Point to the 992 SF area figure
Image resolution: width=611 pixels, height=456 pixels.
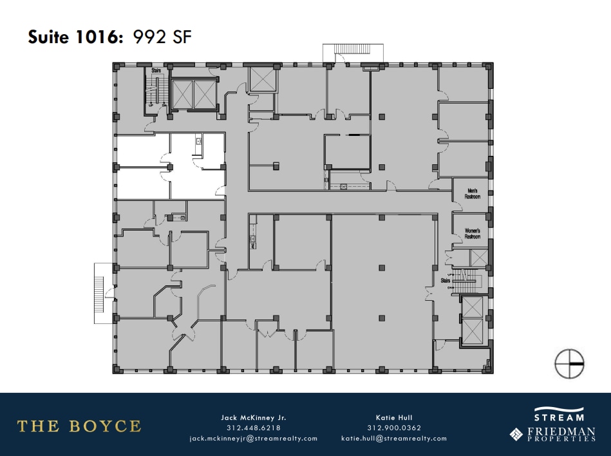[162, 37]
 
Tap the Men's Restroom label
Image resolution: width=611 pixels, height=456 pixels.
[473, 193]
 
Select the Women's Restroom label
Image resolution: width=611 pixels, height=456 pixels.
[473, 234]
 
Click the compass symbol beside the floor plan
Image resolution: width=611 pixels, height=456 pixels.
[569, 363]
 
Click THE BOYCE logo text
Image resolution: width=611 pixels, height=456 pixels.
[79, 426]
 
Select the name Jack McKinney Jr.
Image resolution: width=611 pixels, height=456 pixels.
[253, 417]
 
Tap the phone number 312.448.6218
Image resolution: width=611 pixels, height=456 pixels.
[253, 428]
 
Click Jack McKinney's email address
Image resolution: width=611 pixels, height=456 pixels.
[253, 439]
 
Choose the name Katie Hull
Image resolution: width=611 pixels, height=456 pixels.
[393, 417]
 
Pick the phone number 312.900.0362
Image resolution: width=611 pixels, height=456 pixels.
[393, 428]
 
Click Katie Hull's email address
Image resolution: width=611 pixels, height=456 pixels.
[393, 439]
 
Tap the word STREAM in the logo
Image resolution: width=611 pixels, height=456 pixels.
[559, 417]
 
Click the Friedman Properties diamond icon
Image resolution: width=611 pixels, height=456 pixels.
[516, 434]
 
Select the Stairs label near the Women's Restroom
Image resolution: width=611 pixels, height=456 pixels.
[446, 281]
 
